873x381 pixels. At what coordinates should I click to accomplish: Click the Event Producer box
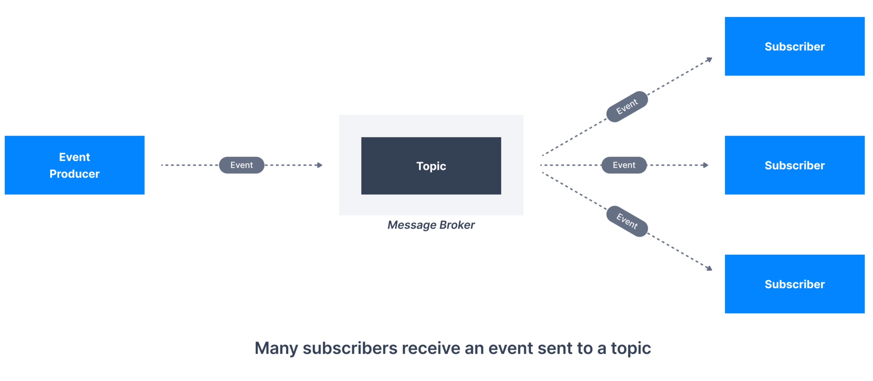74,165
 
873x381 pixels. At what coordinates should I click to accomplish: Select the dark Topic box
431,166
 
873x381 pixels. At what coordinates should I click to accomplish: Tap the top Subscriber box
795,46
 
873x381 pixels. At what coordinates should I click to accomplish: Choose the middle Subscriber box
795,165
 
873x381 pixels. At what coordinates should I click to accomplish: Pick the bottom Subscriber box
795,284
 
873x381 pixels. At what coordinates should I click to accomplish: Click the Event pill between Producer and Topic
242,165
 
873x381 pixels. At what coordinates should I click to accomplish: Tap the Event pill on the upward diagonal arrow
627,107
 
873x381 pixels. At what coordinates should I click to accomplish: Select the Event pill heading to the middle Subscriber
624,165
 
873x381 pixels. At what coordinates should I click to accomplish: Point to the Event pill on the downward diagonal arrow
627,221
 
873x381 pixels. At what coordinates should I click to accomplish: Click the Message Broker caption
431,225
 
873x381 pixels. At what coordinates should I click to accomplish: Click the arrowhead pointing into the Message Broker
320,165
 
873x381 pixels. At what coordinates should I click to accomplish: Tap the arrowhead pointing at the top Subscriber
709,60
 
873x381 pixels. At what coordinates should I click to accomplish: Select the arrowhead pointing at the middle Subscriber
706,165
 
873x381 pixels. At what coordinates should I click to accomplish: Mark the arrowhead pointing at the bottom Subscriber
709,268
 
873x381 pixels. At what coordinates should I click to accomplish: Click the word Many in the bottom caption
276,348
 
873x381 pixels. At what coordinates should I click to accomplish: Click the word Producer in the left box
74,174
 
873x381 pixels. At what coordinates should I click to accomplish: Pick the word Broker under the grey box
457,225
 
